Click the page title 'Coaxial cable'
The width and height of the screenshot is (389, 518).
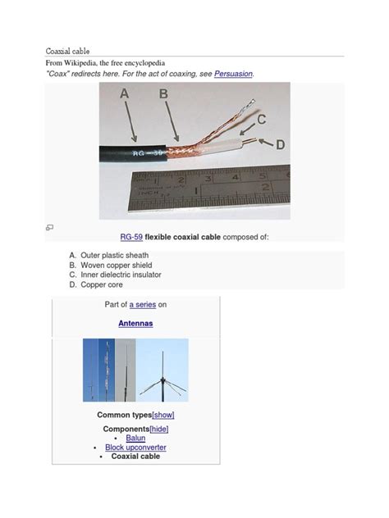tap(68, 50)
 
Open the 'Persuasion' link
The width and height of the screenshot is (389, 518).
tap(233, 74)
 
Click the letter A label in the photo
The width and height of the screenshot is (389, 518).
tap(125, 94)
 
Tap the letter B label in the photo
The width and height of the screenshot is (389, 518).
tap(164, 94)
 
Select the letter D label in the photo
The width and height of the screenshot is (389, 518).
tap(281, 144)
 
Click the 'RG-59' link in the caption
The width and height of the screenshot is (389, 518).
tap(131, 237)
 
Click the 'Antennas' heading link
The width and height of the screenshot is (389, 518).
tap(135, 324)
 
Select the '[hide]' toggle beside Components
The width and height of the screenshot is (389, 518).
tap(158, 429)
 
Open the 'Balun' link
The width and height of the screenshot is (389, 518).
tap(135, 438)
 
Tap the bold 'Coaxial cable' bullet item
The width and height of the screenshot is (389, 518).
tap(135, 457)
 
